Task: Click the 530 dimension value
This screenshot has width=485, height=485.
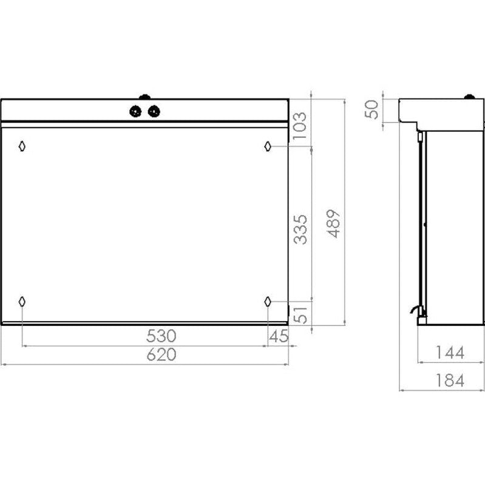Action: point(161,336)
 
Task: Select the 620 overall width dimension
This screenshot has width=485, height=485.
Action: point(161,354)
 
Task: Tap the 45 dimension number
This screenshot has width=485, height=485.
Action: point(279,336)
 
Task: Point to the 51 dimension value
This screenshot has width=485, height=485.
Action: point(300,315)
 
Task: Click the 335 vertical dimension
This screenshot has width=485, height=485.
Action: point(300,229)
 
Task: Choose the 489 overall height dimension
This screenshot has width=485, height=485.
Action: point(334,223)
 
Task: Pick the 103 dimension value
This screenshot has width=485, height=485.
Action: point(299,126)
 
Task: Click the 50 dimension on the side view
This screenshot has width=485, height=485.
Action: point(371,109)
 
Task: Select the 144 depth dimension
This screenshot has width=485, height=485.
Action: point(450,353)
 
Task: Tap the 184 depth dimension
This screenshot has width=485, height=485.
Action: point(450,381)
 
